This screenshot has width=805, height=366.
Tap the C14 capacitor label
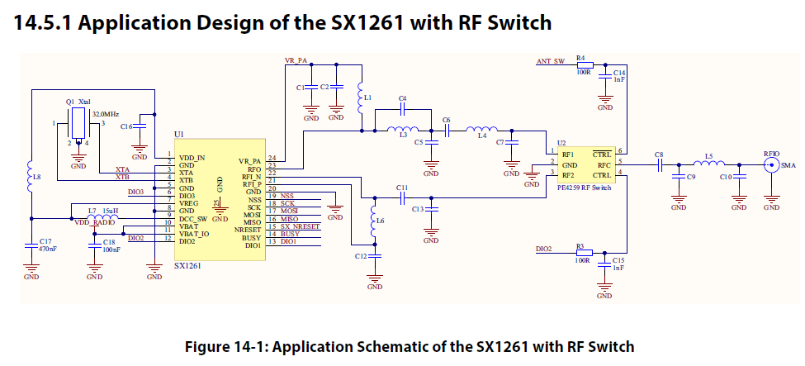[619, 74]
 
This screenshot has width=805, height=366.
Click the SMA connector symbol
[771, 165]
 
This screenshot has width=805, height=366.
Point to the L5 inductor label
[708, 155]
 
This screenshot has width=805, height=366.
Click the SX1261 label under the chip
[188, 267]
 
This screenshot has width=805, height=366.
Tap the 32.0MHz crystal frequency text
[106, 112]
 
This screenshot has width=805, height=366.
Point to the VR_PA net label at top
[296, 60]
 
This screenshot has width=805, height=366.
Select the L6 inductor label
[379, 221]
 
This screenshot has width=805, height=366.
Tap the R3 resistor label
[580, 246]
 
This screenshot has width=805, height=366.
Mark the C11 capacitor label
[402, 188]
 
